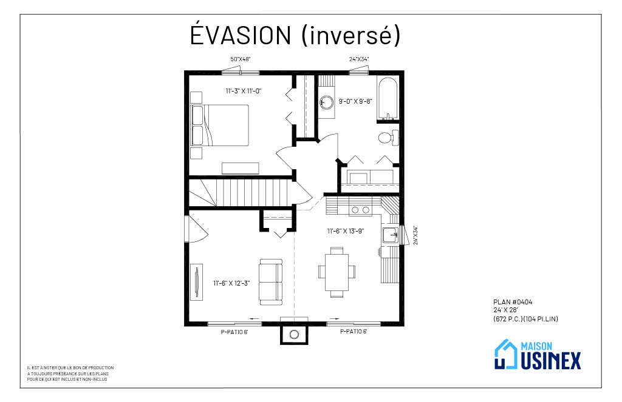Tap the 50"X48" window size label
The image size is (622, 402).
[x=241, y=59]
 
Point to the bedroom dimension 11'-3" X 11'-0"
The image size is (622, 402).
[x=244, y=91]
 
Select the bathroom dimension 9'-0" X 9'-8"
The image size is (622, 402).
[x=355, y=101]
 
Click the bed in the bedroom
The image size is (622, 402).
[x=220, y=126]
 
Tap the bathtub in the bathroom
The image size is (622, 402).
[x=387, y=99]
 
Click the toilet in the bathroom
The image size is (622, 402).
[x=388, y=138]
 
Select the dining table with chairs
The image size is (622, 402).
[x=337, y=272]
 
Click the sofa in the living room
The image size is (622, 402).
[x=271, y=282]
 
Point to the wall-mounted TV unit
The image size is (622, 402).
[x=196, y=281]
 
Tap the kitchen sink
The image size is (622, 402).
[x=391, y=235]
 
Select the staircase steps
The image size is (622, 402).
[x=242, y=192]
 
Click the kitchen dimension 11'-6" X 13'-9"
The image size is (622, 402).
[x=346, y=231]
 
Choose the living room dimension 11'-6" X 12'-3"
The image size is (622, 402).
[x=231, y=283]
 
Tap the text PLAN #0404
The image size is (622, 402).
[x=513, y=302]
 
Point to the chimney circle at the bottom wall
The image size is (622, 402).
[x=294, y=335]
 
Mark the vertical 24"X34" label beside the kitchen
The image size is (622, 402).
[x=415, y=235]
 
